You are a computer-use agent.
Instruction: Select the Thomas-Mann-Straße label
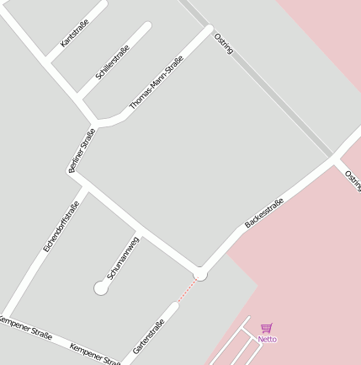(x=157, y=82)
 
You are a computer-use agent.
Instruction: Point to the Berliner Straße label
(x=82, y=151)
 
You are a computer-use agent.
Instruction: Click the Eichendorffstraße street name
(x=61, y=227)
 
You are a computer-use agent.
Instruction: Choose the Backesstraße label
(x=264, y=212)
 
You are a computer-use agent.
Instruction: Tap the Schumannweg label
(x=123, y=259)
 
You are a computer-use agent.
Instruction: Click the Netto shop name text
(x=267, y=339)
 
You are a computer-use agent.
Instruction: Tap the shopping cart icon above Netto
(x=267, y=328)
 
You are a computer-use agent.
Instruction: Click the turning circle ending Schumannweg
(x=101, y=288)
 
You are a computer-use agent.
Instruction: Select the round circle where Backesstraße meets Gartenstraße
(x=200, y=274)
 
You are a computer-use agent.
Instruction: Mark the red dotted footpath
(x=187, y=291)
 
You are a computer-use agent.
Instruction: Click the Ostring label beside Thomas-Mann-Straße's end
(x=224, y=44)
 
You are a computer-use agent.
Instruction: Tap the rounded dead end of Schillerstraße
(x=146, y=27)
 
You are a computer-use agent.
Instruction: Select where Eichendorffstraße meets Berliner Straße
(x=85, y=188)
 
